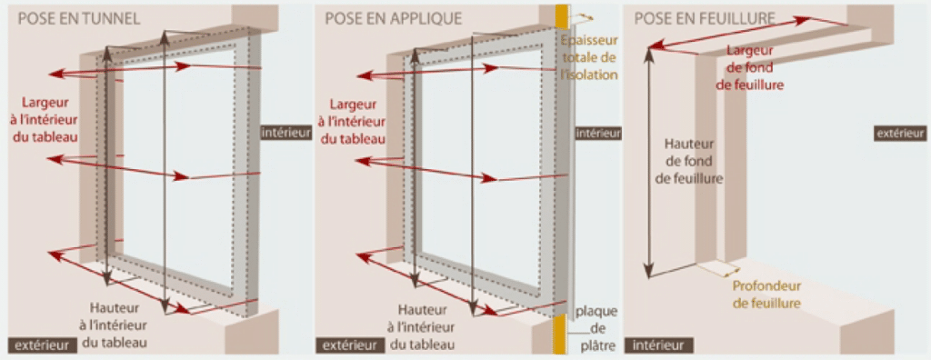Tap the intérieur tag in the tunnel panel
[284, 133]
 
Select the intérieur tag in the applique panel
[598, 133]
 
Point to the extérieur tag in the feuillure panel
[900, 133]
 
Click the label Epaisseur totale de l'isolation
[589, 57]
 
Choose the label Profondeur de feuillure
[766, 295]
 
